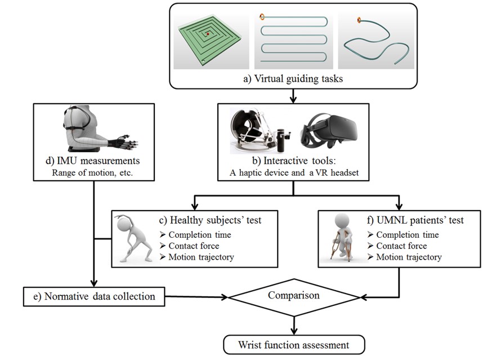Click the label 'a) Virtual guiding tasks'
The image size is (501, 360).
point(293,79)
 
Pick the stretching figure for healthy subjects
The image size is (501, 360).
point(135,238)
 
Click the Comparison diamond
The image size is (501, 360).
point(292,295)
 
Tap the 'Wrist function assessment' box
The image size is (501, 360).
point(293,344)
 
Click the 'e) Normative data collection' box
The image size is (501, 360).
point(94,296)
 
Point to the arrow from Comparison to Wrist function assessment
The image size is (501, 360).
point(293,326)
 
